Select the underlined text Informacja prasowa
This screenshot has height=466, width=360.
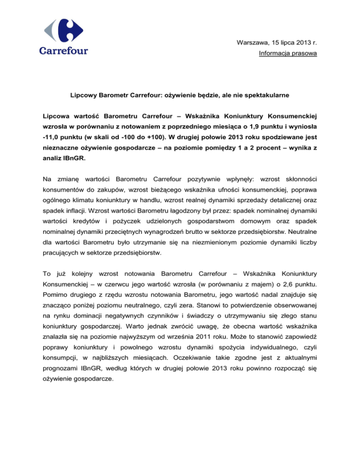point(287,54)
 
